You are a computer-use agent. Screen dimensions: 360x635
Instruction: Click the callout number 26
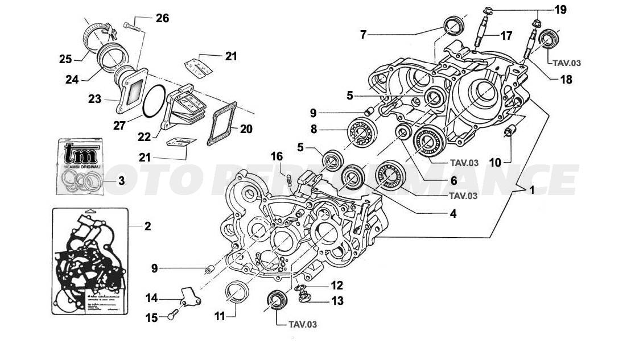coord(162,18)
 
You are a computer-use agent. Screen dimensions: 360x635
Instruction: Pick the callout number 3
coord(122,181)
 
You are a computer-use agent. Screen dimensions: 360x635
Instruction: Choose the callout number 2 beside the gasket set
coord(147,226)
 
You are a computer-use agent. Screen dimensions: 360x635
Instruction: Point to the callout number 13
coord(337,301)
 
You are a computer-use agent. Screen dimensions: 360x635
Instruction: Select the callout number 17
coord(506,35)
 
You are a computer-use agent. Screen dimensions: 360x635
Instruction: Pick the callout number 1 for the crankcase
coord(532,191)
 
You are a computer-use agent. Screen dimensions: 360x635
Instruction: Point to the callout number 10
coord(495,163)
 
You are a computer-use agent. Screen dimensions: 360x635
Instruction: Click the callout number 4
coord(453,214)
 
